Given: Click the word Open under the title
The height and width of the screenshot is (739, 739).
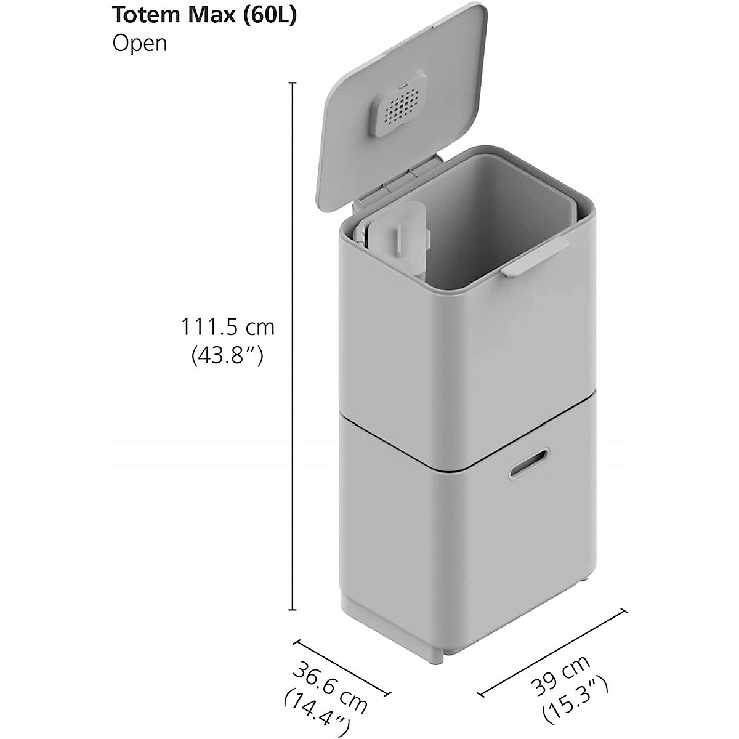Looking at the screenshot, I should pyautogui.click(x=139, y=44).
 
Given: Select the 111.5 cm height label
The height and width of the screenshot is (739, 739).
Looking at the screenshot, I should pyautogui.click(x=227, y=327).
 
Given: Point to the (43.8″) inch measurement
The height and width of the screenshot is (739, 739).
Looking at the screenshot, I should pyautogui.click(x=228, y=355).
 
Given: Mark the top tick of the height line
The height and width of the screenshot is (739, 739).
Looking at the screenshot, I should pyautogui.click(x=293, y=83).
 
